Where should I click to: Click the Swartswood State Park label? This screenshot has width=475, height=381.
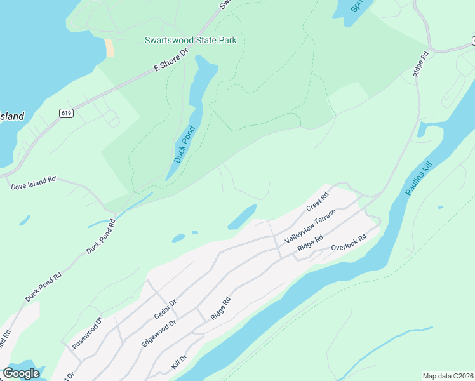(x=191, y=41)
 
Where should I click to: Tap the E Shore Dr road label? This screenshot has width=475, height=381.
(x=171, y=62)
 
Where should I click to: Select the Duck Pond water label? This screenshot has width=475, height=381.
(x=184, y=144)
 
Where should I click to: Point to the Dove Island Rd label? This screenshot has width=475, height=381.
(x=33, y=183)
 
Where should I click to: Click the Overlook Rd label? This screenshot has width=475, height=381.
(x=350, y=244)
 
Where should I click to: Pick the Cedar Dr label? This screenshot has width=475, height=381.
(x=164, y=309)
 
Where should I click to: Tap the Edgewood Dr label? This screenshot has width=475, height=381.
(x=159, y=333)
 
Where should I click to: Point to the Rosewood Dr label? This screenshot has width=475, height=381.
(x=87, y=334)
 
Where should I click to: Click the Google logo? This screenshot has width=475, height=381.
(x=21, y=373)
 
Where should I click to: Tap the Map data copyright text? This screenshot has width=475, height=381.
(x=448, y=376)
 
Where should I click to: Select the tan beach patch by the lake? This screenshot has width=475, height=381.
(x=110, y=48)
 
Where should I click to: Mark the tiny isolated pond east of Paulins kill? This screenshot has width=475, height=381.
(x=439, y=207)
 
